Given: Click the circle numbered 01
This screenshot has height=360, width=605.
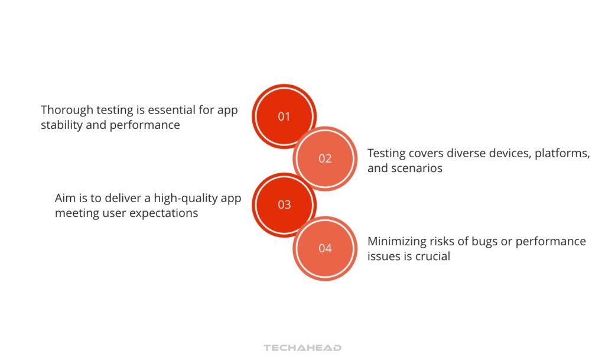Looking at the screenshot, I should (x=284, y=116).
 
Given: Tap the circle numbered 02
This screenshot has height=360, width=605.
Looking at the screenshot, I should (x=325, y=158).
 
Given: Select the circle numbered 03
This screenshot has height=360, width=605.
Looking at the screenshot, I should (x=284, y=205).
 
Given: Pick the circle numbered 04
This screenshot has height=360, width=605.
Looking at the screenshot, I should (x=325, y=248).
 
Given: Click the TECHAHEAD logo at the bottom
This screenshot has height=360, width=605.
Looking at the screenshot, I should (x=302, y=348).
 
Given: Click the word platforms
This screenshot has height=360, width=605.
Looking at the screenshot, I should (x=562, y=153).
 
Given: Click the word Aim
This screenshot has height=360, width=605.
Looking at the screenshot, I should (x=65, y=198).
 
